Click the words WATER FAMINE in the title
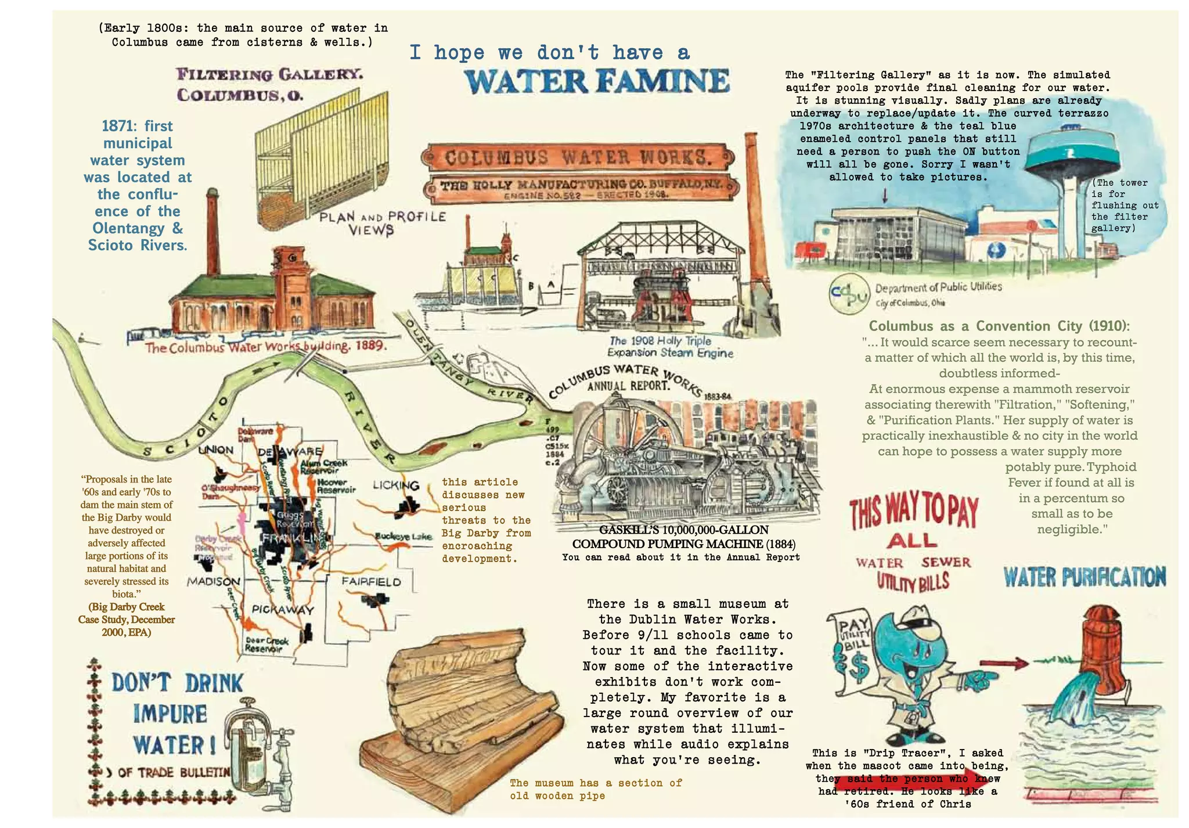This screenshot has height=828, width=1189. point(597,81)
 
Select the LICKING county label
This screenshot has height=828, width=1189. point(396,485)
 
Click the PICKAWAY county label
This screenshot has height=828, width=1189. point(283,610)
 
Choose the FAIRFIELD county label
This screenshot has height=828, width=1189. point(371,581)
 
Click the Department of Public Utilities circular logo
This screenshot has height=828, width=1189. point(849,294)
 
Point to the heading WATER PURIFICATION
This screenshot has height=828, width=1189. point(1084,577)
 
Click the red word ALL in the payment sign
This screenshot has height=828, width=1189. point(911,541)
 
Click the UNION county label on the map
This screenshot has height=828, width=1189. point(215,450)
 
